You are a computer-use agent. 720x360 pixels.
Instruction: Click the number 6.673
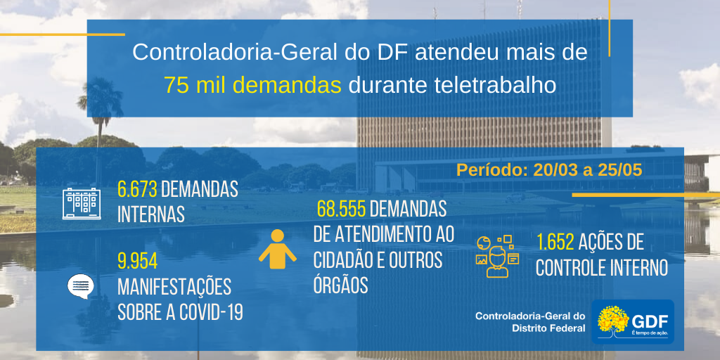click(x=138, y=189)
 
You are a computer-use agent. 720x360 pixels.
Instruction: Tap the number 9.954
click(x=138, y=262)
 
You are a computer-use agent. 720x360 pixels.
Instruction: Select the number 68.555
click(x=342, y=210)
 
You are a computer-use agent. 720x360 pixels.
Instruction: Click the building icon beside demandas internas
click(x=82, y=203)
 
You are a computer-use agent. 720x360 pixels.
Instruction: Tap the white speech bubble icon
click(x=81, y=287)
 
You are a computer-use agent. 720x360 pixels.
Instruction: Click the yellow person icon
click(x=277, y=248)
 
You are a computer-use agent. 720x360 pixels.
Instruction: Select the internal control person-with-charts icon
click(x=497, y=256)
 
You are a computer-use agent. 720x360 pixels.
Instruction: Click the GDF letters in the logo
click(x=650, y=321)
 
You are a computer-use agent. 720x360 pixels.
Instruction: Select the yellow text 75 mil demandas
click(x=253, y=85)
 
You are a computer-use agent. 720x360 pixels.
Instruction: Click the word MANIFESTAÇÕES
click(x=174, y=288)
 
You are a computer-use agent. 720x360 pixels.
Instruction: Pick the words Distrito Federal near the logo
click(x=548, y=328)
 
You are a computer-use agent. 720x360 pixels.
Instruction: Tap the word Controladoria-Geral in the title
click(x=236, y=53)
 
